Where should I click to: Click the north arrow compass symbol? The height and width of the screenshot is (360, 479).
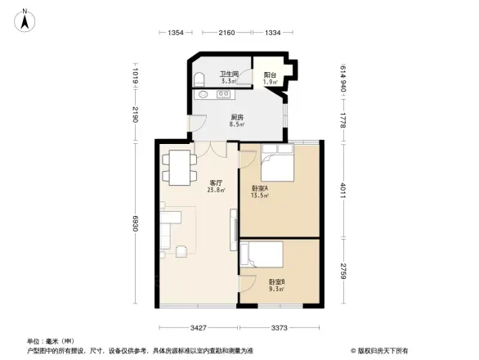point(25,20)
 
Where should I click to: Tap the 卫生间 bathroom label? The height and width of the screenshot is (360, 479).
point(228,74)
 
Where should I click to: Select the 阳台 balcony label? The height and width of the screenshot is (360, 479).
point(270,75)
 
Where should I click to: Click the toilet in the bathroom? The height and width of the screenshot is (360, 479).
point(200,79)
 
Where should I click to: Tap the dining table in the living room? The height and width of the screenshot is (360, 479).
point(179,168)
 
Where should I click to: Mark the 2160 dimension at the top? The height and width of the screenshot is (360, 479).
point(226,33)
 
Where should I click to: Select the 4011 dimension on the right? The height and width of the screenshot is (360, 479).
point(344,188)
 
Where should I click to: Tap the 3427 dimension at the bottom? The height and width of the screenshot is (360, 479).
point(193,327)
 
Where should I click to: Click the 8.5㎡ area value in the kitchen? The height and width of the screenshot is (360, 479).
point(238,124)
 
